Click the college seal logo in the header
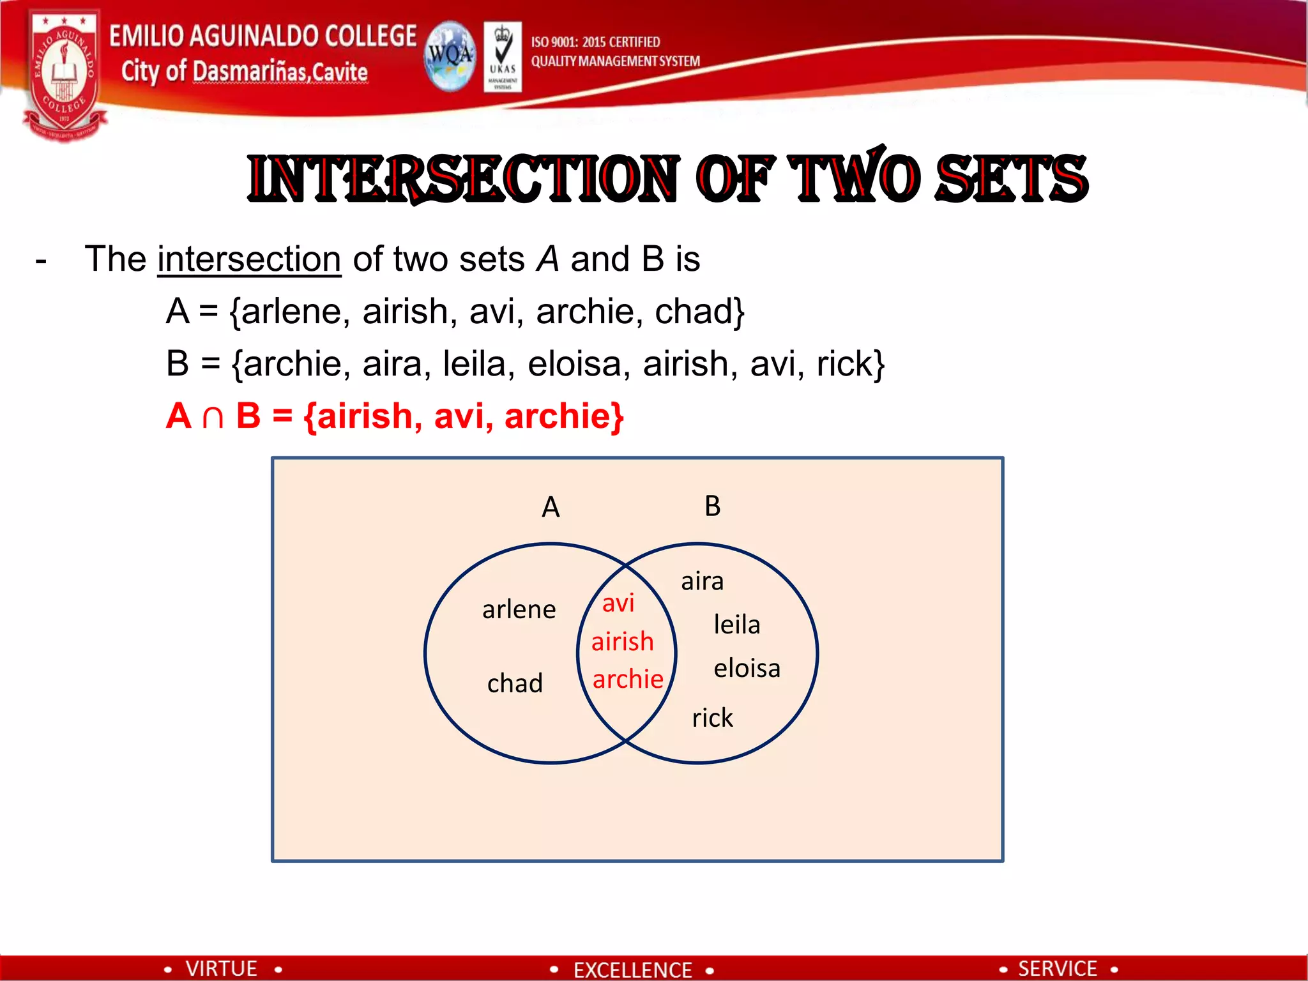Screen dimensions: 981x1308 click(x=64, y=73)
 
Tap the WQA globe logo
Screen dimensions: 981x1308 click(x=450, y=56)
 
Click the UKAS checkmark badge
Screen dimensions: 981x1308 click(x=503, y=56)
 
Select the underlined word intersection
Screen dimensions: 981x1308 click(x=249, y=260)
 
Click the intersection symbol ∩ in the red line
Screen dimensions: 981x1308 click(x=213, y=417)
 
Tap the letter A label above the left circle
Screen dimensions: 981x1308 click(x=551, y=508)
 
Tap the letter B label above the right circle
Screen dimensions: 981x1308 click(x=712, y=506)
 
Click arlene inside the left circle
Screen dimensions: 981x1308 click(x=519, y=609)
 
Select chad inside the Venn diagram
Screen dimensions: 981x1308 click(x=515, y=683)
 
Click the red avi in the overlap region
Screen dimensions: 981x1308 click(x=618, y=603)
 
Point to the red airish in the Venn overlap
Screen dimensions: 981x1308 click(x=623, y=641)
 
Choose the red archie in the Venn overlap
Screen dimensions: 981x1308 click(x=628, y=679)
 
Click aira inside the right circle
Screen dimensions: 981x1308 click(x=702, y=581)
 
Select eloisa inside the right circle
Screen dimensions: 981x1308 click(x=747, y=669)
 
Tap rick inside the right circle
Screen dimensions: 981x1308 click(x=712, y=718)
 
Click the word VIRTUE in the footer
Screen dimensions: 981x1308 click(x=221, y=968)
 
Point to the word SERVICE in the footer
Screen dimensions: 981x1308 click(x=1057, y=968)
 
